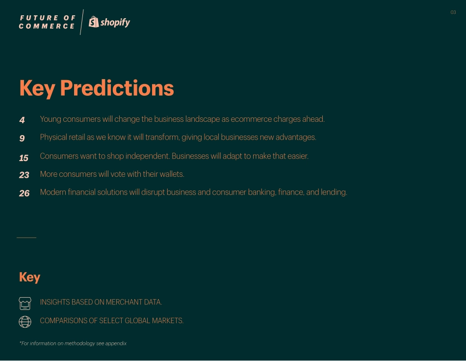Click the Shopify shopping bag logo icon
click(94, 22)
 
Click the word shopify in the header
click(115, 23)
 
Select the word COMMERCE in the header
click(47, 27)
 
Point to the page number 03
click(453, 12)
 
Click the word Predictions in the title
click(117, 88)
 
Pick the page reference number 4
click(22, 120)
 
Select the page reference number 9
click(22, 139)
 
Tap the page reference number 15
click(24, 158)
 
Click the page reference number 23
click(24, 175)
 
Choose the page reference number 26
click(24, 194)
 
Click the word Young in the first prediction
click(51, 119)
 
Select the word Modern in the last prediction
click(52, 193)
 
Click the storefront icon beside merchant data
click(25, 303)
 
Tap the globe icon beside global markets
click(25, 322)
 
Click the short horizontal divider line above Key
click(26, 238)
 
